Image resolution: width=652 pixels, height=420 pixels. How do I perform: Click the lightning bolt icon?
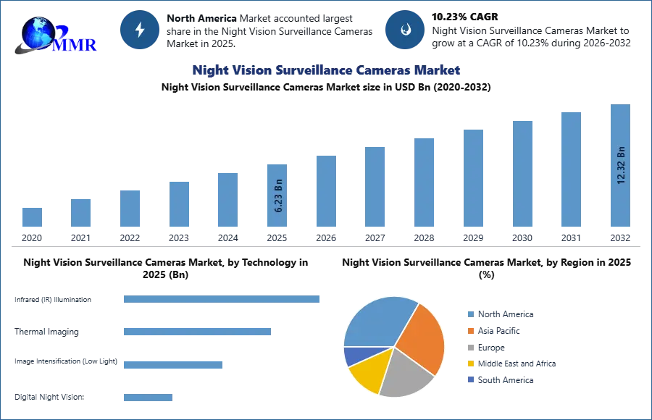[x=140, y=30]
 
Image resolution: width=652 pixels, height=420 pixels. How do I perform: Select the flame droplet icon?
[x=405, y=30]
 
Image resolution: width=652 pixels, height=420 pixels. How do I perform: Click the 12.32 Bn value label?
[x=620, y=165]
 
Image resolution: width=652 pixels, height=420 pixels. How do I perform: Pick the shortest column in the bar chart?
[x=31, y=217]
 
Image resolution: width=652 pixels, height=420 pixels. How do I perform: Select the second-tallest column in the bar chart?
[x=570, y=170]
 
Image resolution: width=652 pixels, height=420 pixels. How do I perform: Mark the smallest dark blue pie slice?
[x=352, y=355]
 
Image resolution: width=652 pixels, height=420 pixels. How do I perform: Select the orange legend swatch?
[x=470, y=330]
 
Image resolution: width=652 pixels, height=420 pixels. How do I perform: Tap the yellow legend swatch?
[x=470, y=364]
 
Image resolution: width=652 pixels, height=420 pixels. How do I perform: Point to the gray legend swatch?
[x=470, y=348]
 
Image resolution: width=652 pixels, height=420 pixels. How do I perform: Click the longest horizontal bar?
[x=222, y=301]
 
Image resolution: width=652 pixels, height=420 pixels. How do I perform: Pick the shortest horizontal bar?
[x=148, y=399]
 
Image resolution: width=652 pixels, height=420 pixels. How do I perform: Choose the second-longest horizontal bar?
[x=196, y=331]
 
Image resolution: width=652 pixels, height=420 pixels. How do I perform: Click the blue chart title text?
[x=327, y=70]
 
